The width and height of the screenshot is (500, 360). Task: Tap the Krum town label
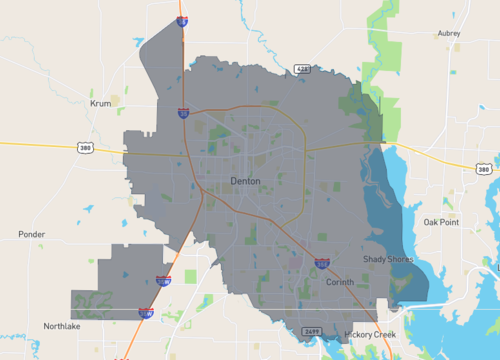click(100, 103)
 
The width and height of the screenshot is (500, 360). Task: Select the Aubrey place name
click(449, 33)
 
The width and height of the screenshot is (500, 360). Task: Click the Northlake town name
click(61, 326)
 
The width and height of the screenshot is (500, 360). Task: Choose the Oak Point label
click(441, 222)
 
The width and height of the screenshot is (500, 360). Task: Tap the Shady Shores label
click(385, 260)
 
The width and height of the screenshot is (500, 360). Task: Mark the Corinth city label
click(340, 282)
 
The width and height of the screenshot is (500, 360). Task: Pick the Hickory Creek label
click(371, 333)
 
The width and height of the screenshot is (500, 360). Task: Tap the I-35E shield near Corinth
click(322, 263)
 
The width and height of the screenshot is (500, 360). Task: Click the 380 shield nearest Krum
click(87, 148)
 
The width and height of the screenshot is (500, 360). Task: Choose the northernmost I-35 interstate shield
click(182, 19)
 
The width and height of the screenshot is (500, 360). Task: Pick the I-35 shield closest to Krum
click(183, 113)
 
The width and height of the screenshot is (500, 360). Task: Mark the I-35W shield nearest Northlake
click(147, 313)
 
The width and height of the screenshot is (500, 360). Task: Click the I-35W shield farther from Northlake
click(164, 282)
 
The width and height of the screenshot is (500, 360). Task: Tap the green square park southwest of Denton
click(191, 276)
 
